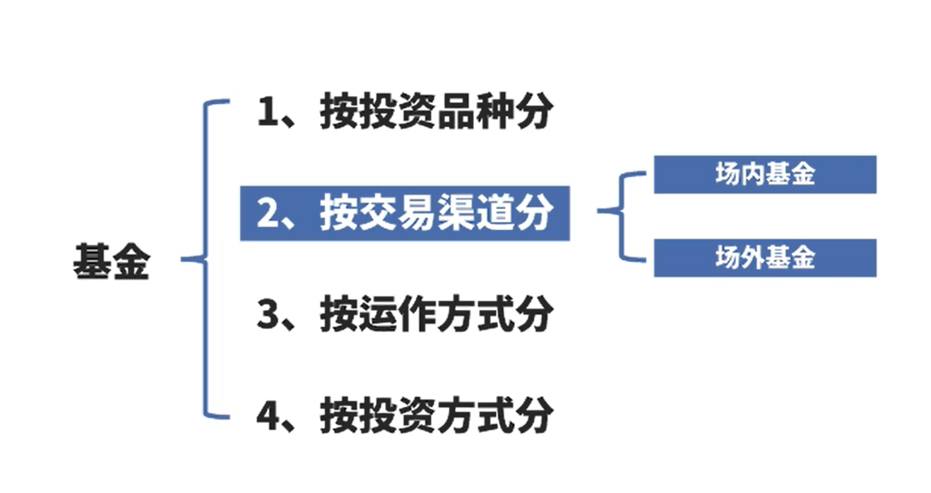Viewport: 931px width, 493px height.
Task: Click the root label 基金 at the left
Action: [x=111, y=264]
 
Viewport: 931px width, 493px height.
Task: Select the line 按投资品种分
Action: [x=403, y=112]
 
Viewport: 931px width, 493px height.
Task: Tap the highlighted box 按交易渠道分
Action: [x=405, y=213]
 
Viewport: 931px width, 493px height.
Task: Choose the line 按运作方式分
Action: [x=403, y=314]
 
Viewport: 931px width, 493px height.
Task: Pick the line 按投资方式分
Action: [x=403, y=415]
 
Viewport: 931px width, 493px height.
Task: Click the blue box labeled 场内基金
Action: [x=765, y=174]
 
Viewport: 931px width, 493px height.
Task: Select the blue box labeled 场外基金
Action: [x=765, y=258]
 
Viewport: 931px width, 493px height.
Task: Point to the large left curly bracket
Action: [x=206, y=259]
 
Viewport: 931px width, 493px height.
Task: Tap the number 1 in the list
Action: [x=268, y=113]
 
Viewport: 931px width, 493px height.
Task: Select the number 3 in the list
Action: [x=268, y=315]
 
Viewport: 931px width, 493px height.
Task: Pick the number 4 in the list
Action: [x=268, y=416]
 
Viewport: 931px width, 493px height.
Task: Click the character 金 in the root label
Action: [x=131, y=264]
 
